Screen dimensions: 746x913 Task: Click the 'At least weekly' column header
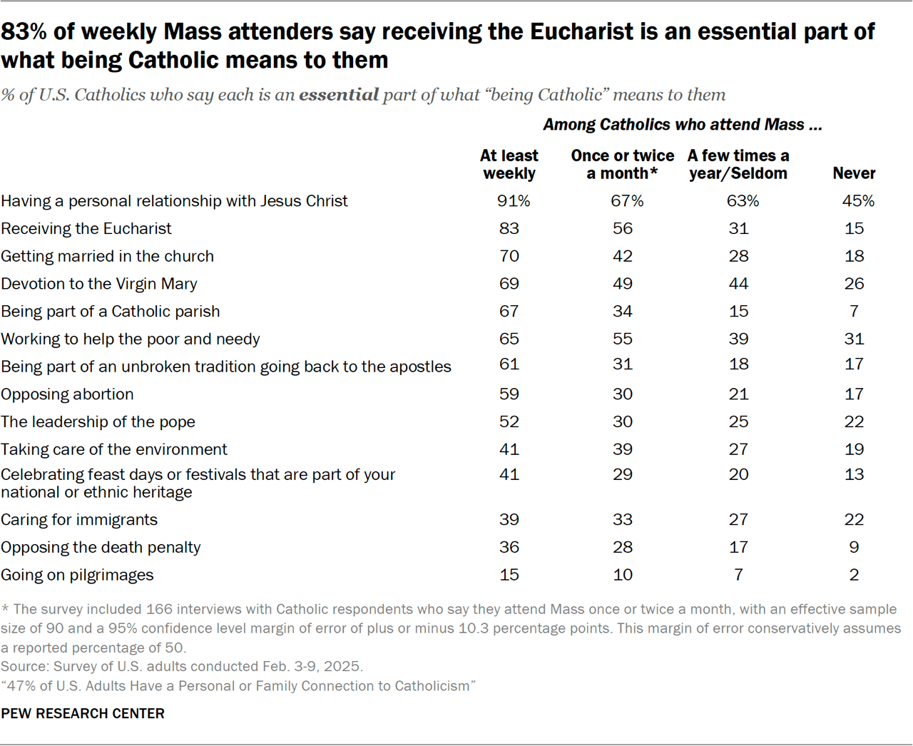tap(509, 165)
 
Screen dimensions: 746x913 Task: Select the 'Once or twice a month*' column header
tap(622, 165)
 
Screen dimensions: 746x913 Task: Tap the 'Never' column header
tap(854, 173)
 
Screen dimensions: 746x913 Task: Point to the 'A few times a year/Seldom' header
tap(738, 165)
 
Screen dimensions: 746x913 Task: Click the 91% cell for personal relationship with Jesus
tap(514, 201)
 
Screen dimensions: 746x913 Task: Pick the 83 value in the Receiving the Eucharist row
tap(509, 229)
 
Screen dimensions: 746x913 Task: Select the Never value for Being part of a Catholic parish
tap(854, 312)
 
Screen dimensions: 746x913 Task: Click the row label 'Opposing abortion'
tap(67, 394)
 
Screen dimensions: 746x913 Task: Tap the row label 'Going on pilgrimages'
tap(77, 576)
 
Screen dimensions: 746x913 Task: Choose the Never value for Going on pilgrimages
tap(854, 575)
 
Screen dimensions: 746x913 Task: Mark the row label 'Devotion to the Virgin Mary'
tap(99, 284)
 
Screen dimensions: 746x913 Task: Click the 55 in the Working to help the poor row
tap(623, 339)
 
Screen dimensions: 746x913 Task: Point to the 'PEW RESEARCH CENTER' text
tap(83, 714)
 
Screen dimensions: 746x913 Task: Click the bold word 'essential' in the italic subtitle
tap(339, 95)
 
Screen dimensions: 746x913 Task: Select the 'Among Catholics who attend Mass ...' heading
tap(683, 125)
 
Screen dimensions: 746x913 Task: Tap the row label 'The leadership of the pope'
tap(98, 422)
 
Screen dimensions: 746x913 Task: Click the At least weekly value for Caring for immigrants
tap(509, 520)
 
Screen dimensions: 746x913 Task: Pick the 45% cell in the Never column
tap(858, 201)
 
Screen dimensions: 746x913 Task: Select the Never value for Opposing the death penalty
tap(854, 548)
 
